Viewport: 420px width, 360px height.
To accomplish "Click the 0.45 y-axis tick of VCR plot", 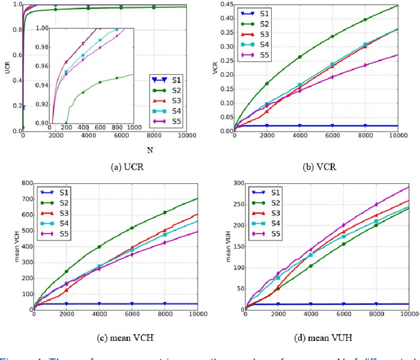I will [x=225, y=5].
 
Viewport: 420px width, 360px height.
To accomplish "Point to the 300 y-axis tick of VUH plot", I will [x=236, y=183].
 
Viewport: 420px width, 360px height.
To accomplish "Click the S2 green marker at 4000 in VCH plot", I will [x=99, y=247].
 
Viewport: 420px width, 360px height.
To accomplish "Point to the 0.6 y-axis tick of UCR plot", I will [x=15, y=55].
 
